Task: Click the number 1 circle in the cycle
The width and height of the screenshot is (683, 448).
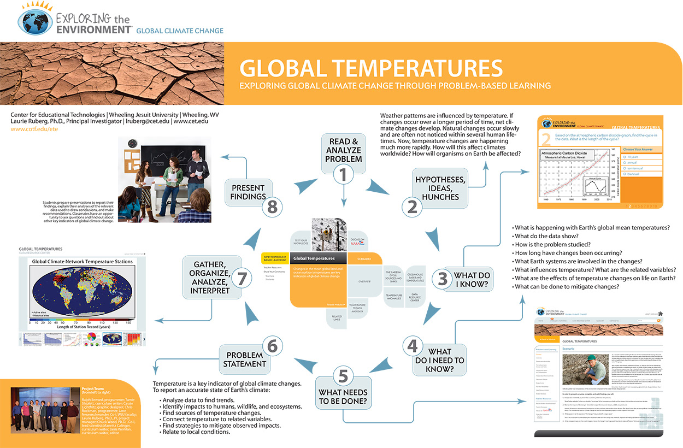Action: [x=343, y=175]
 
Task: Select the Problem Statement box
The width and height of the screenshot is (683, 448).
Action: [x=245, y=359]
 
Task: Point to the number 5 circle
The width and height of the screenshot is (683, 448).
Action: [x=343, y=376]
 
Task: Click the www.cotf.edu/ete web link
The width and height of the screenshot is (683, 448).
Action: [x=34, y=129]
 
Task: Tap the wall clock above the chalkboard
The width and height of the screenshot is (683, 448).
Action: [x=133, y=144]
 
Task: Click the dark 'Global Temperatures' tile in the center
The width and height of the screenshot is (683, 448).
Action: [x=319, y=258]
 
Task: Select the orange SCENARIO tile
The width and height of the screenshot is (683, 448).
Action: [x=364, y=258]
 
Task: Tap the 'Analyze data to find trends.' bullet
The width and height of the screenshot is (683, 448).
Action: [x=199, y=400]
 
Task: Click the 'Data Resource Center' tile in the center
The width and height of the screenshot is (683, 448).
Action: [x=415, y=297]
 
